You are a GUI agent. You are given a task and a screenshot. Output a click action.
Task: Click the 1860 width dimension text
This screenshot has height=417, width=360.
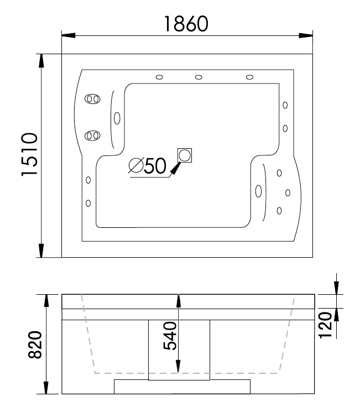(186, 24)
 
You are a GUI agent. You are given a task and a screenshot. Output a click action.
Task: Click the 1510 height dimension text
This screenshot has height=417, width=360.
(29, 154)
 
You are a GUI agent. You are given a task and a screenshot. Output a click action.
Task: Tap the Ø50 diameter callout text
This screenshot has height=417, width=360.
(147, 166)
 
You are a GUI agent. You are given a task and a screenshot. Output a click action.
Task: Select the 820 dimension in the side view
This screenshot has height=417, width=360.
(35, 345)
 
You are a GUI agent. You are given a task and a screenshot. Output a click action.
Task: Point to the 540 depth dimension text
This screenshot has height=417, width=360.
(170, 336)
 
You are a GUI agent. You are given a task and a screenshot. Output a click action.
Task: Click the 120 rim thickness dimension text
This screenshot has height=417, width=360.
(325, 325)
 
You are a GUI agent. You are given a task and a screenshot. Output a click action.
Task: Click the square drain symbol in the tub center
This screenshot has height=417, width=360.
(185, 155)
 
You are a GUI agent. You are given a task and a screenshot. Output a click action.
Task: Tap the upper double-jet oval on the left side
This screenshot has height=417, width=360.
(92, 99)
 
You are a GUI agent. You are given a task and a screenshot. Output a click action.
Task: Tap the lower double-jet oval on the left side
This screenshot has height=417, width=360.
(92, 135)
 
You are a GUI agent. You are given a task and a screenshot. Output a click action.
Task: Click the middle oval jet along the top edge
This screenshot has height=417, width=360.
(199, 77)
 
